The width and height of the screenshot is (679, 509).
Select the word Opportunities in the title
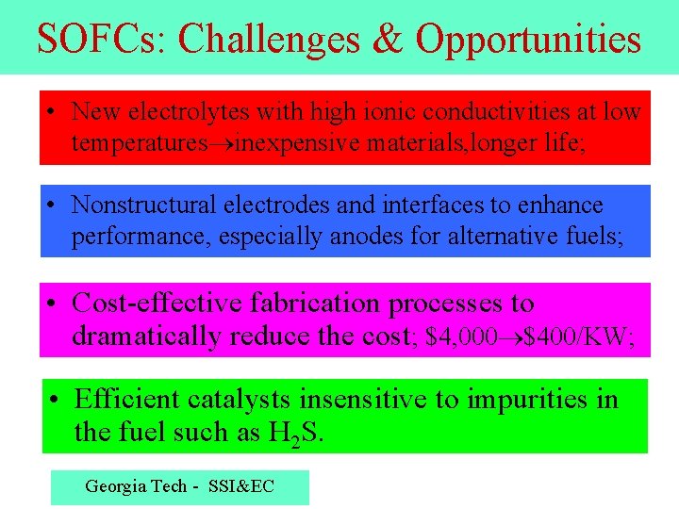(528, 39)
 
